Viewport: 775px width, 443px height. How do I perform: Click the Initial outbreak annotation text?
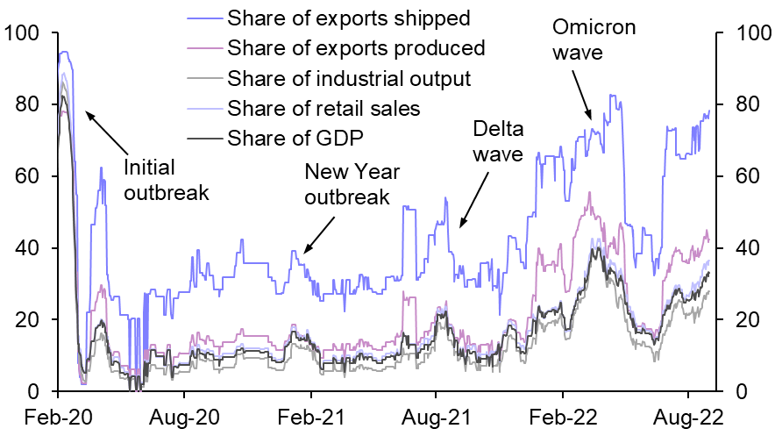(x=167, y=180)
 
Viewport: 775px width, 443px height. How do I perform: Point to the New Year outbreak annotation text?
(x=346, y=184)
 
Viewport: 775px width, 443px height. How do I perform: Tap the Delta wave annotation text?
(x=497, y=142)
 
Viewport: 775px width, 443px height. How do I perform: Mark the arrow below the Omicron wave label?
(x=581, y=93)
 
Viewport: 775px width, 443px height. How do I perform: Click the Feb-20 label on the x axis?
(x=58, y=419)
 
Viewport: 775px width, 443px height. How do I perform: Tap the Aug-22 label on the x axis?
(x=689, y=419)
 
